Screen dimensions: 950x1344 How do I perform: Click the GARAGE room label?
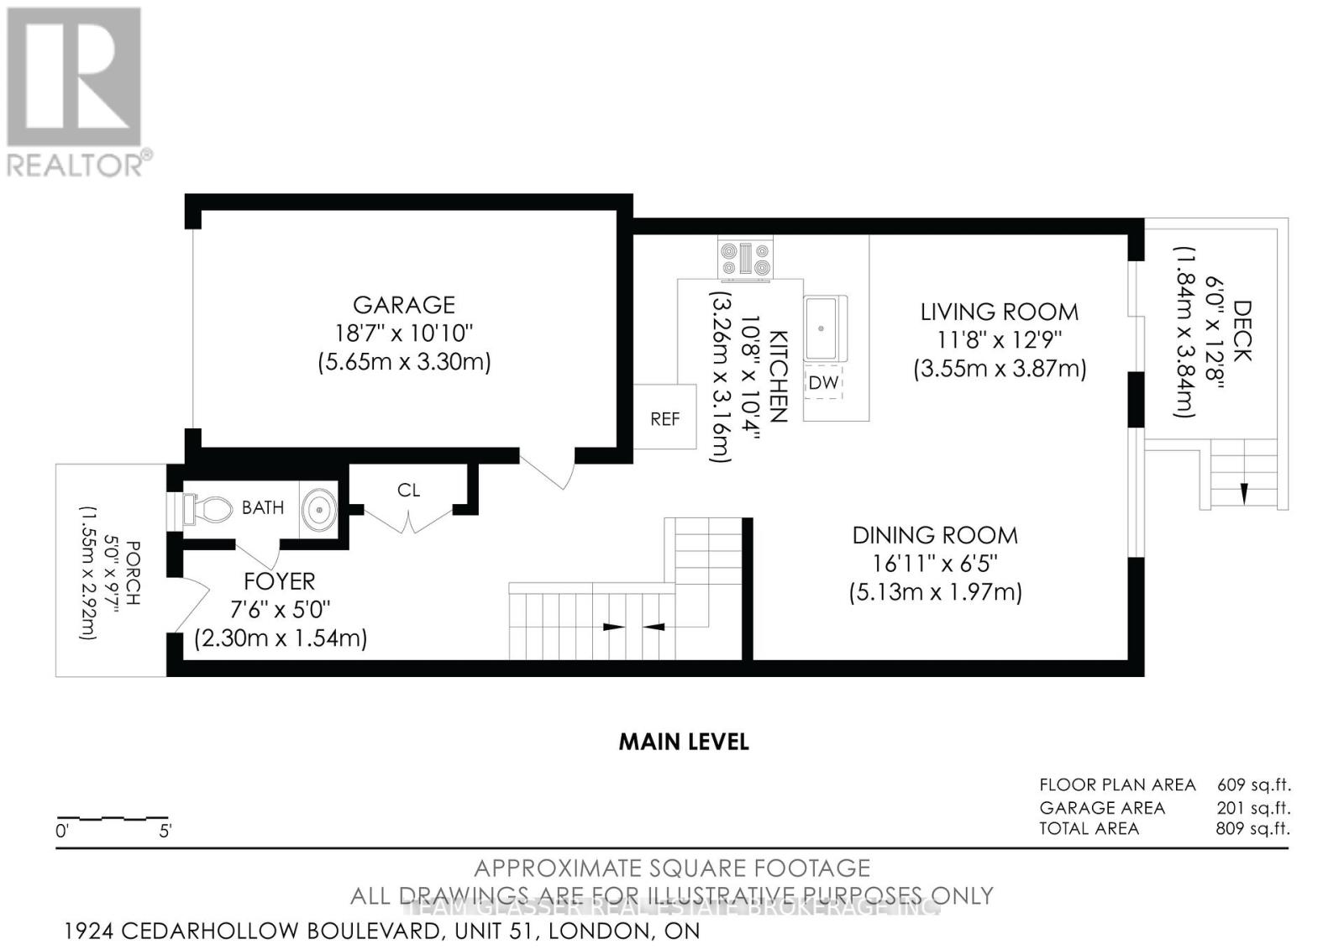coord(403,304)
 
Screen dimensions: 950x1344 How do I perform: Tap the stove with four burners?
coord(745,258)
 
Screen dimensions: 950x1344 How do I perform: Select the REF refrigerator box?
coord(664,418)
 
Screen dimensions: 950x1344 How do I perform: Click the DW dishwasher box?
coord(823,382)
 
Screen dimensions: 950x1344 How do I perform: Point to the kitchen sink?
coord(825,328)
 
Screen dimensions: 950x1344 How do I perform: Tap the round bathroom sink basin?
coord(319,509)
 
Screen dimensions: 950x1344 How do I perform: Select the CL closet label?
coord(408,490)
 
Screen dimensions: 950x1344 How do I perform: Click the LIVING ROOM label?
coord(999,312)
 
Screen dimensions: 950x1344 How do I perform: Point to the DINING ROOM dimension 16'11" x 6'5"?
coord(935,563)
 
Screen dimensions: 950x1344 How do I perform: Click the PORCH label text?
coord(131,574)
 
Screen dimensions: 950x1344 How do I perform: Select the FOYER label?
coord(279,581)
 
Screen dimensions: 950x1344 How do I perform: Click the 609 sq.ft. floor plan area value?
coord(1252,785)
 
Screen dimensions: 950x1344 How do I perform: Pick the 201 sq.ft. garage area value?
coord(1252,807)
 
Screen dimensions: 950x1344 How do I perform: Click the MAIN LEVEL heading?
coord(684,742)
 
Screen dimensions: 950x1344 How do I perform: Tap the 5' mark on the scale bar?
coord(165,832)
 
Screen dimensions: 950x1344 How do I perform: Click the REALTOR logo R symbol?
coord(74,77)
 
